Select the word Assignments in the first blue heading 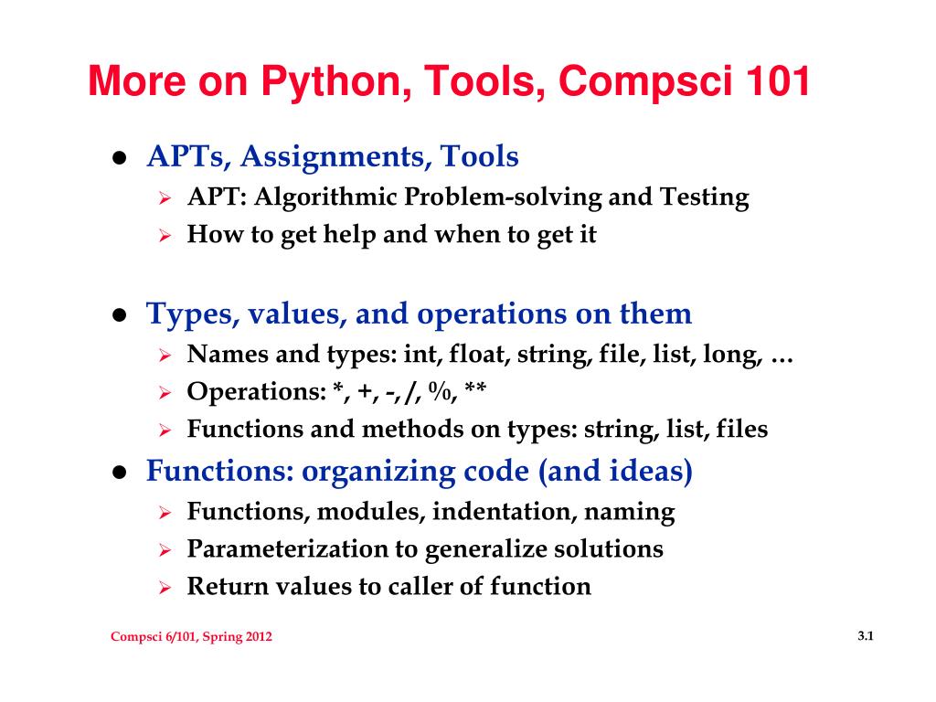pyautogui.click(x=336, y=157)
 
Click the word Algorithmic pyautogui.click(x=325, y=197)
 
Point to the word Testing pyautogui.click(x=704, y=197)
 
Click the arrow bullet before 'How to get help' pyautogui.click(x=165, y=236)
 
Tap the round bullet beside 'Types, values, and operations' pyautogui.click(x=120, y=314)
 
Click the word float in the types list pyautogui.click(x=479, y=354)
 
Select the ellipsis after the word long pyautogui.click(x=782, y=359)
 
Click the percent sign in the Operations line pyautogui.click(x=440, y=391)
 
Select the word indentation pyautogui.click(x=505, y=512)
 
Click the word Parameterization pyautogui.click(x=288, y=549)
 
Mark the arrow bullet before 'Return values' pyautogui.click(x=165, y=588)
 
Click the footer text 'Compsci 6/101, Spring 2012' pyautogui.click(x=191, y=637)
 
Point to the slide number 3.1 pyautogui.click(x=866, y=636)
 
